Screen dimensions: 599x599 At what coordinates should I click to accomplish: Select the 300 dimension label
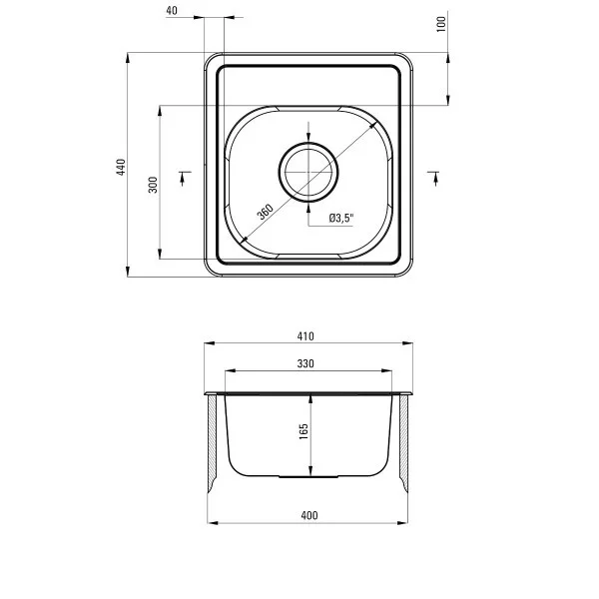tap(153, 185)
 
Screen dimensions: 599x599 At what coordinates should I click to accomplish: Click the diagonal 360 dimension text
tap(265, 212)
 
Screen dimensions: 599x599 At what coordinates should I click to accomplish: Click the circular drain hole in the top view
tap(308, 171)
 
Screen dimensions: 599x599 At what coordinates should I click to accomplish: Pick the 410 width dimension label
tap(306, 335)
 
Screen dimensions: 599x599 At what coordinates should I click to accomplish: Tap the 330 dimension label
tap(306, 364)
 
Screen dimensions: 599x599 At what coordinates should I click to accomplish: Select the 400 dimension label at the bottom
tap(308, 515)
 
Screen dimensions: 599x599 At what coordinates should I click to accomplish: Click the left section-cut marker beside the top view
tap(183, 177)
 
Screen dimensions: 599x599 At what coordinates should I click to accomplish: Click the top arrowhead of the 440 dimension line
tap(129, 59)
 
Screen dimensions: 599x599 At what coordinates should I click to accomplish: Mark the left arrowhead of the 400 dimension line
tap(209, 522)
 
